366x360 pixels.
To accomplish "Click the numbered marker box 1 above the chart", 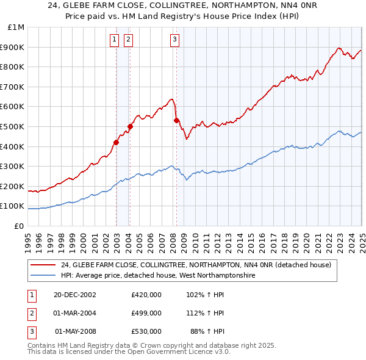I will tap(114, 40).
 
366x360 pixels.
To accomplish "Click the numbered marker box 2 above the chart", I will tap(128, 40).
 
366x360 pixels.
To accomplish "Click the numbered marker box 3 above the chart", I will tap(174, 40).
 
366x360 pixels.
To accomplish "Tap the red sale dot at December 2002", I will tap(116, 142).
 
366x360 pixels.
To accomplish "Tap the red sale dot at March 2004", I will tap(130, 127).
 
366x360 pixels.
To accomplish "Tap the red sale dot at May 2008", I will tap(176, 121).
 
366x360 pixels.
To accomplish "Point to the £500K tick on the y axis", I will tap(13, 126).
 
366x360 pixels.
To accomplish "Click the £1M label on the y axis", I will tap(16, 27).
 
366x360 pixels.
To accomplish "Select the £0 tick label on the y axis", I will tap(20, 226).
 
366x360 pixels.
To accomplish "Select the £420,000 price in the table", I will tap(146, 295).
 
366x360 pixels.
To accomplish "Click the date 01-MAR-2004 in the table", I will tap(74, 313).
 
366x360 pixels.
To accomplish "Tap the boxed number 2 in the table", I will tap(30, 313).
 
